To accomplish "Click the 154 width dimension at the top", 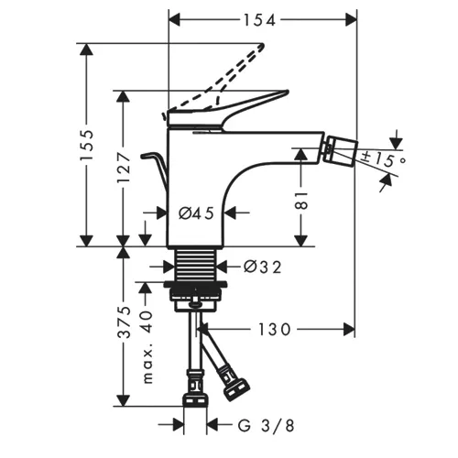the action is pos(259,20).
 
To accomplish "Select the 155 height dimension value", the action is pos(86,146).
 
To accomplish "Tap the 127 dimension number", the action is pos(124,168).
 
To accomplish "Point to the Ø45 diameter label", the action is pos(196,213).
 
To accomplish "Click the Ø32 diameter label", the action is pos(262,267).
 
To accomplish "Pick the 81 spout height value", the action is pos(301,201).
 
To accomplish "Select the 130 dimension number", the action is pos(275,330).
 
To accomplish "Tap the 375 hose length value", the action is pos(124,322).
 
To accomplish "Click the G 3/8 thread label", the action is pos(267,426).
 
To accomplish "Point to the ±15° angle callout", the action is pos(383,158).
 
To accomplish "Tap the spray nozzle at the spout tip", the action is pos(340,152).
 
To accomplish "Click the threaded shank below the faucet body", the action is pos(196,263).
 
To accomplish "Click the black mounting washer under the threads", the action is pos(195,284).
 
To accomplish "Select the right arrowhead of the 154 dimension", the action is pos(351,20).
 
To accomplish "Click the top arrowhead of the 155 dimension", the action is pos(86,49).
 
